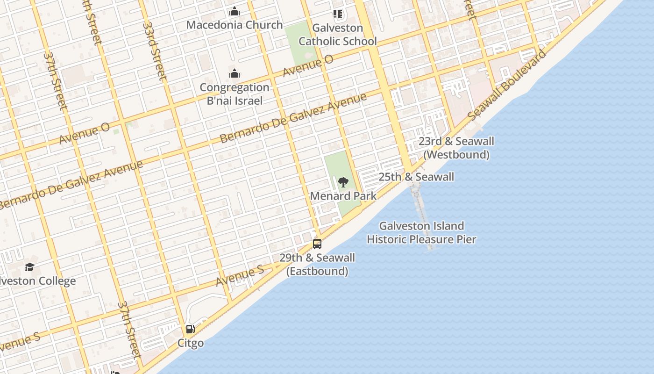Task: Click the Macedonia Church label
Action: (x=235, y=25)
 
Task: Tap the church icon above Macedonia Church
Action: (x=235, y=11)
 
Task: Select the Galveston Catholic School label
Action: (x=337, y=35)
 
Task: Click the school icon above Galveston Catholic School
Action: (x=337, y=14)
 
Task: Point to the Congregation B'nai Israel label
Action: (x=235, y=94)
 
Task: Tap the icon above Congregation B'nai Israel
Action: (x=235, y=74)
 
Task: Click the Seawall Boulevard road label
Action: (x=507, y=84)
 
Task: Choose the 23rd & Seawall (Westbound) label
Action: (x=456, y=148)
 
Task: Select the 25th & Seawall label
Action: (x=416, y=177)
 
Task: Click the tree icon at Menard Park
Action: (x=343, y=182)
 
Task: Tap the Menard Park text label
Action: (x=343, y=196)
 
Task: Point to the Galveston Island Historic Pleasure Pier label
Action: (x=421, y=233)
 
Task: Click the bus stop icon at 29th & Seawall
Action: (x=317, y=244)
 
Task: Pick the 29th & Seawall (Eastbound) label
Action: (x=317, y=265)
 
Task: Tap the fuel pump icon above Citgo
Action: (x=190, y=329)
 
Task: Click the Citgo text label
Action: (x=190, y=343)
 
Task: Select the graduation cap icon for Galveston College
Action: (x=30, y=267)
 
